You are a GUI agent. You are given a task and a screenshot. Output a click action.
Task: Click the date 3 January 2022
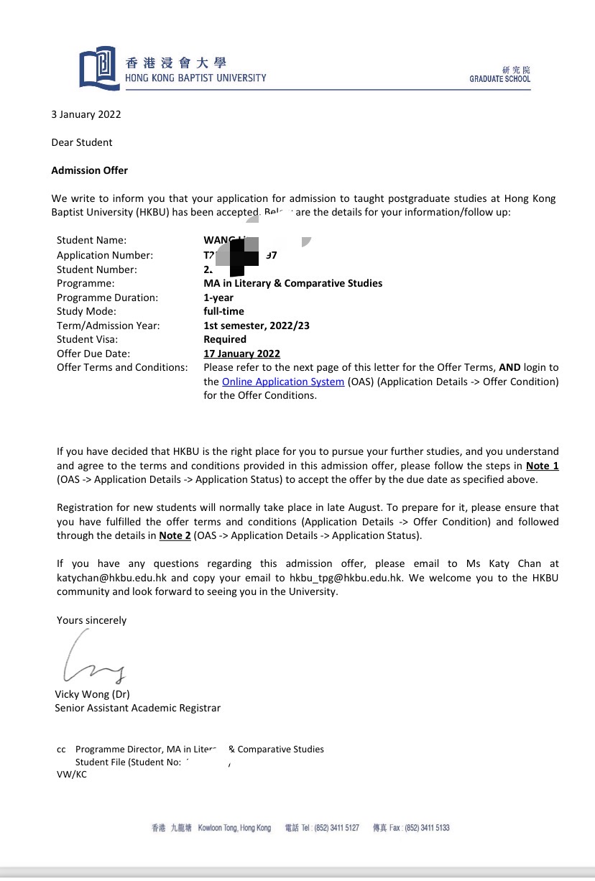[x=86, y=114]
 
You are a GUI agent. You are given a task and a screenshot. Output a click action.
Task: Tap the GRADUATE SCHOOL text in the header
[x=499, y=79]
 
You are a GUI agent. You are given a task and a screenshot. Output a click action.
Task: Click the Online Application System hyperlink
[x=283, y=382]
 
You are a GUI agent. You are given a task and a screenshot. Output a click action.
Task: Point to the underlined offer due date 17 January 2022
[x=242, y=354]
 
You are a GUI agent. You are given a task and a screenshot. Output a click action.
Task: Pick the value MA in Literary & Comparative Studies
[x=293, y=283]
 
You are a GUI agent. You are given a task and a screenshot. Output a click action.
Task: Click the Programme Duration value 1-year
[x=218, y=297]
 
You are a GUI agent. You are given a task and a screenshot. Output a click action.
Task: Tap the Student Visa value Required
[x=225, y=339]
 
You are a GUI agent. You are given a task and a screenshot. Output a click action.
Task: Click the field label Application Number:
[x=105, y=255]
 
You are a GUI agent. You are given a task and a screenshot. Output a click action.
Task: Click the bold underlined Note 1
[x=543, y=466]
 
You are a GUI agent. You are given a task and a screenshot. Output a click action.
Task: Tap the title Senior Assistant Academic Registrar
[x=137, y=708]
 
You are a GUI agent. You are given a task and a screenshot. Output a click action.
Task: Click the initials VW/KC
[x=72, y=775]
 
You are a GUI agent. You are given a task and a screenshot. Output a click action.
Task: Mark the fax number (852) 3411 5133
[x=427, y=828]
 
